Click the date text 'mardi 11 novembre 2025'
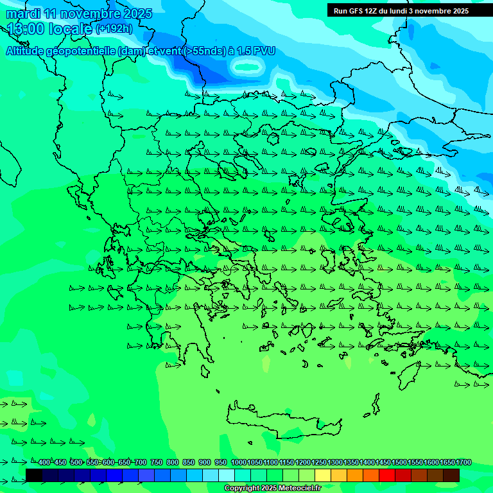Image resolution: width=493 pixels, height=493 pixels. point(80,13)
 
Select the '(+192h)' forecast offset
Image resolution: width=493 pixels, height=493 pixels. point(114,29)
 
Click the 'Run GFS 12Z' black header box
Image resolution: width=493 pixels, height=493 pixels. point(401,11)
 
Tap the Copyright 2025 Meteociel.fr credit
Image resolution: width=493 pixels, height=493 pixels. point(272,489)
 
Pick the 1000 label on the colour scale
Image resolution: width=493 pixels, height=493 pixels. point(239,463)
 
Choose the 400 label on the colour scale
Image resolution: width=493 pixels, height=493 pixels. point(43,463)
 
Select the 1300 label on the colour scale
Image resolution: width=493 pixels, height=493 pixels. point(335,463)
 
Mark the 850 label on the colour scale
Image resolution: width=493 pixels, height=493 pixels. point(188,463)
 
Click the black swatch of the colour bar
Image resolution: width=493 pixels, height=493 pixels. point(34,475)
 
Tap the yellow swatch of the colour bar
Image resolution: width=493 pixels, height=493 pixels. point(323,475)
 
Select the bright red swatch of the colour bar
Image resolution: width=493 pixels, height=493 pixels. point(387,475)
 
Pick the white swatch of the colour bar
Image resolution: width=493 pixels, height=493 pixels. point(227,475)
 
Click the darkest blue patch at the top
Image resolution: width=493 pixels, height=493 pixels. point(218,74)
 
